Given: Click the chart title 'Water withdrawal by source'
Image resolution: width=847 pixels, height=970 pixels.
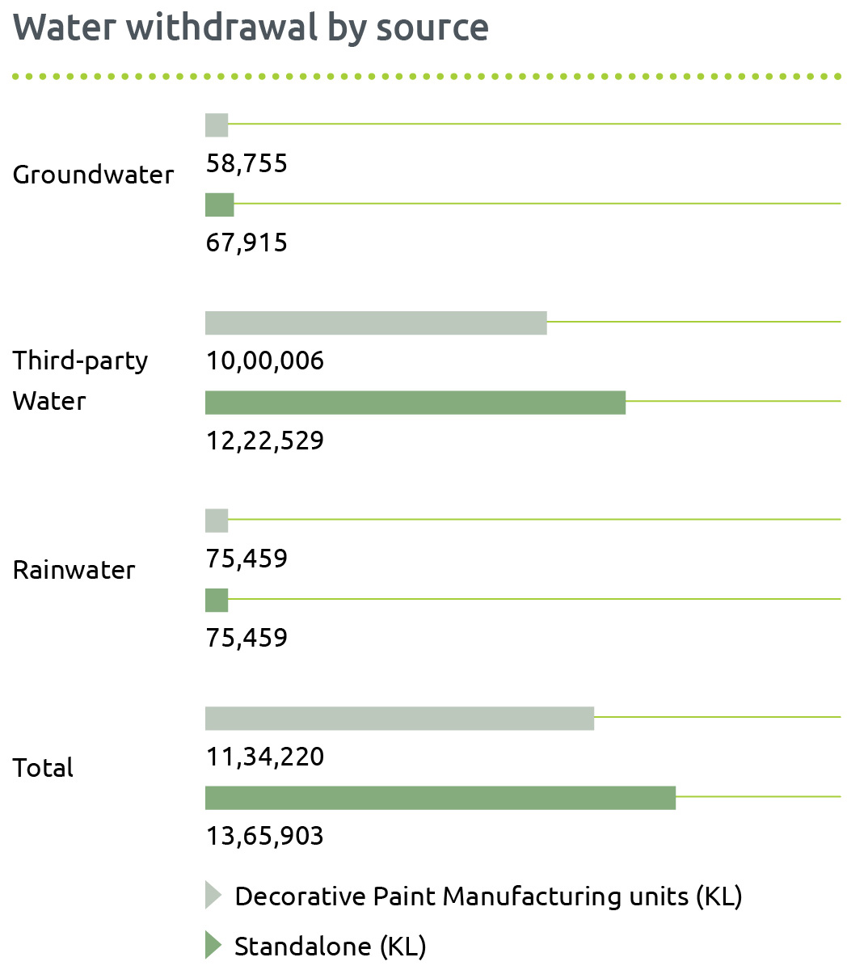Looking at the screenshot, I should (x=251, y=27).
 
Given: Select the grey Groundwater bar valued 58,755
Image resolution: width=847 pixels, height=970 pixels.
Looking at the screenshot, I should (x=217, y=125).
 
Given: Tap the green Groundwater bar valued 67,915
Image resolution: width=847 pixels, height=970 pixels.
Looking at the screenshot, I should (x=219, y=205).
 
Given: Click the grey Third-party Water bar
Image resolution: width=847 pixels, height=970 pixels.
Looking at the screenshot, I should (x=376, y=323).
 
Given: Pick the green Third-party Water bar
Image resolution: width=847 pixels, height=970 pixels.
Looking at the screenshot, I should (x=415, y=403).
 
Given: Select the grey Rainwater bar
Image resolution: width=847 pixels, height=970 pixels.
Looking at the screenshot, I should (x=217, y=521).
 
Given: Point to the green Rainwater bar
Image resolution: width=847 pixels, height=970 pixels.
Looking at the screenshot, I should (x=217, y=601).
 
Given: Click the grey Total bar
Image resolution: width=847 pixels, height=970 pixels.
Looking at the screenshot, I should (x=399, y=718).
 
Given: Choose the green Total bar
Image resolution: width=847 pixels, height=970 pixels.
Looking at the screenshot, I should (x=440, y=798).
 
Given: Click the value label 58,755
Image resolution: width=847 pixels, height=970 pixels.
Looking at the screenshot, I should (x=247, y=164).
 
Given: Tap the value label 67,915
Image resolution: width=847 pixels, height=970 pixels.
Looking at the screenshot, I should (x=247, y=243).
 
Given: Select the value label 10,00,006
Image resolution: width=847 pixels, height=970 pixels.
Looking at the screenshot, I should (x=265, y=361).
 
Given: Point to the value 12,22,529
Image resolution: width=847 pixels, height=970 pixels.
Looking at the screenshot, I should (x=265, y=441).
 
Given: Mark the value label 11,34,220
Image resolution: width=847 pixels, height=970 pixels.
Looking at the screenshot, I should (x=265, y=757).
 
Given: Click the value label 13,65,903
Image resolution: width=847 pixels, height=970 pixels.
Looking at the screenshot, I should (x=265, y=837).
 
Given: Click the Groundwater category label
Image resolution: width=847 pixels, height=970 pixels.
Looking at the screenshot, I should (x=93, y=175).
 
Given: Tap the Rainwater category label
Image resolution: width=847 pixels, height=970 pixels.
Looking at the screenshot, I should (x=74, y=570).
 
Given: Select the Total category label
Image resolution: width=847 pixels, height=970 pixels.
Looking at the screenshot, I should (x=43, y=768).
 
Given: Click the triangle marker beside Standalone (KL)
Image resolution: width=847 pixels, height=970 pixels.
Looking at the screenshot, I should (x=213, y=945).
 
